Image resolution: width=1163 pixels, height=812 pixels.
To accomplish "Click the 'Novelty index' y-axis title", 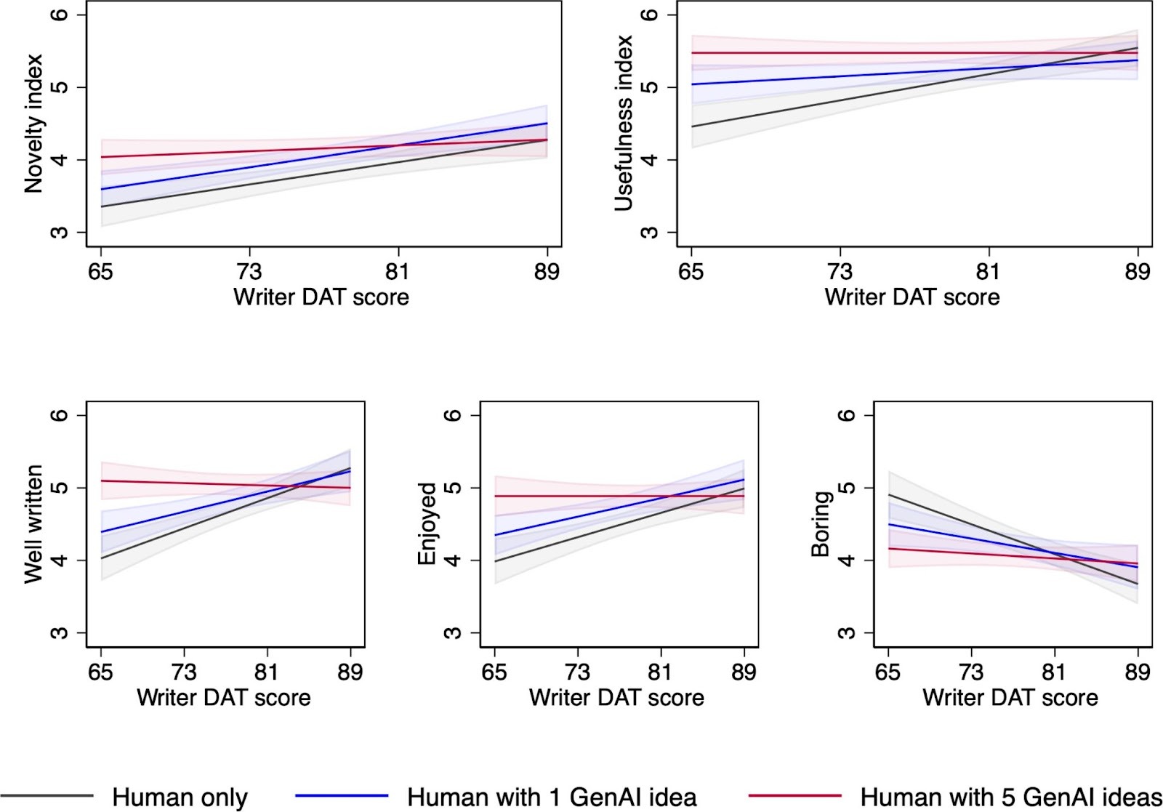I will (33, 124).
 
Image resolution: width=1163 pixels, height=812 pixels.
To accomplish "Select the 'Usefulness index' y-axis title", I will (624, 124).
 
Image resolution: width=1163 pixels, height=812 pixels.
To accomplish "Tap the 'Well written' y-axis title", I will (33, 523).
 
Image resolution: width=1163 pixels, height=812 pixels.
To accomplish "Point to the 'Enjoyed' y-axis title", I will (427, 523).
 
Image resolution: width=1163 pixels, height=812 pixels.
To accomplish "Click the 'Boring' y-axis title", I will (821, 523).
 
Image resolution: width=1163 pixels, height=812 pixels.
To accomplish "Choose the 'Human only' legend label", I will (180, 797).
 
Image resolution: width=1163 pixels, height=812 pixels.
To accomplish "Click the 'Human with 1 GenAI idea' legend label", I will (552, 797).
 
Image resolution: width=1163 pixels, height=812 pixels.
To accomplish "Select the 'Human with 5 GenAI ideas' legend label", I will (1011, 797).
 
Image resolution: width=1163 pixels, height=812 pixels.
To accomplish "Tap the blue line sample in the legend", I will (342, 796).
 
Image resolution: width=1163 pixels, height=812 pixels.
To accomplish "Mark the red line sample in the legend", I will (794, 796).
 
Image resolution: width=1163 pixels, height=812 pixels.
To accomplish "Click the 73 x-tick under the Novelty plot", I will (249, 272).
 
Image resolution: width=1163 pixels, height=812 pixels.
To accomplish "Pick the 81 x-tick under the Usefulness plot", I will (989, 272).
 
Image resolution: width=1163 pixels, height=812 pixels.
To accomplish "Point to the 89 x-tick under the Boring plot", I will (1138, 672).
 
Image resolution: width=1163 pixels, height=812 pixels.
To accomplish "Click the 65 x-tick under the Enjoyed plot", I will (494, 672).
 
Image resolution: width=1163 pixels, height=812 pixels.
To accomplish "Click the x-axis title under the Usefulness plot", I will (912, 297).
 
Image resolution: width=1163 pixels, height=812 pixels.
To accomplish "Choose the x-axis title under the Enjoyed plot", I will (616, 698).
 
